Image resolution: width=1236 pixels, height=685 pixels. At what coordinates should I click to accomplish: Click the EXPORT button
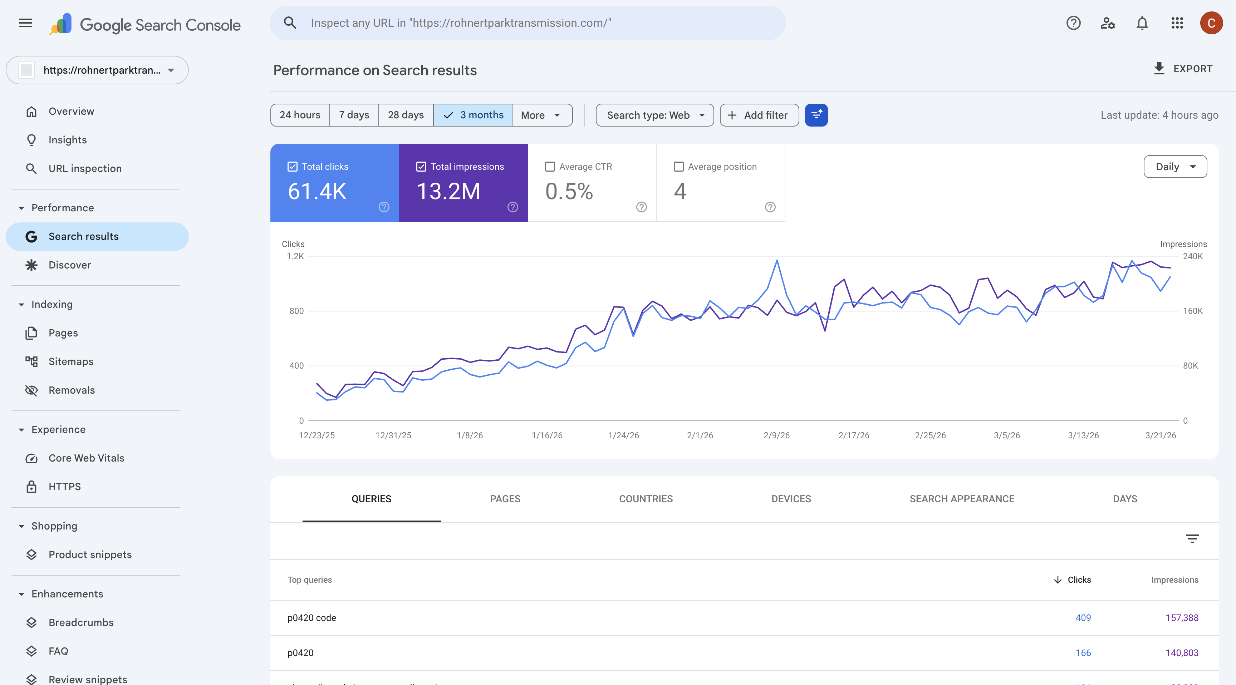tap(1183, 69)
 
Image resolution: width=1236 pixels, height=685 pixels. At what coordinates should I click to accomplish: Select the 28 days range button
tap(406, 115)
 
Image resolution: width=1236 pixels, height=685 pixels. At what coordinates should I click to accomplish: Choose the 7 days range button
tap(354, 115)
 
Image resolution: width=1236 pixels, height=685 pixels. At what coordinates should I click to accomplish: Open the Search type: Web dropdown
tap(654, 115)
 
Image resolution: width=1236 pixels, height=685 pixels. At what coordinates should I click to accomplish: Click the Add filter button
tap(759, 115)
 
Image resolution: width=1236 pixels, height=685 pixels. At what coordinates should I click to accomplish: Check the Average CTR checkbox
tap(550, 167)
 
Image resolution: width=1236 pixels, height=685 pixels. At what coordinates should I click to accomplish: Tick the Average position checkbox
tap(678, 167)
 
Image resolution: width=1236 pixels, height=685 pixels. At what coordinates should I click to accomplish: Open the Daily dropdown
tap(1175, 167)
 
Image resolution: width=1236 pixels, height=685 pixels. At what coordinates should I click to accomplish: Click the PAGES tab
tap(505, 499)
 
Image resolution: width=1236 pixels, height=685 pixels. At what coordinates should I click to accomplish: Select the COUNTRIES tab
tap(646, 499)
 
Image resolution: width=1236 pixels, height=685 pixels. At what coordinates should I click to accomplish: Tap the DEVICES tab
tap(791, 499)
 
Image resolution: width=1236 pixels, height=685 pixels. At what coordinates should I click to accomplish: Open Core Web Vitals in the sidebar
tap(86, 458)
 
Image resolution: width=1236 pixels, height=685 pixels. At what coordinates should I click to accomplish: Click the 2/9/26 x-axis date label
tap(776, 435)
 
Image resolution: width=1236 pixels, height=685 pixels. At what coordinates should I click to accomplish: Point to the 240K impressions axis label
tap(1192, 256)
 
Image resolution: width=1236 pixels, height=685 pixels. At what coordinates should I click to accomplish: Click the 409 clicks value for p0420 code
tap(1083, 618)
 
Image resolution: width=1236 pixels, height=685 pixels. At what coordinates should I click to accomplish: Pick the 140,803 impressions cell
tap(1182, 653)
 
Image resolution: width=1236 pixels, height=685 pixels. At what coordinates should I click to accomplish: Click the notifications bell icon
tap(1142, 23)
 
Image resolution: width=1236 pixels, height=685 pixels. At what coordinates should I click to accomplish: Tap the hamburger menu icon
tap(25, 23)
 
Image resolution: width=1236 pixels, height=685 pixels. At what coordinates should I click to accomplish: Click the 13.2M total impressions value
tap(448, 191)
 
